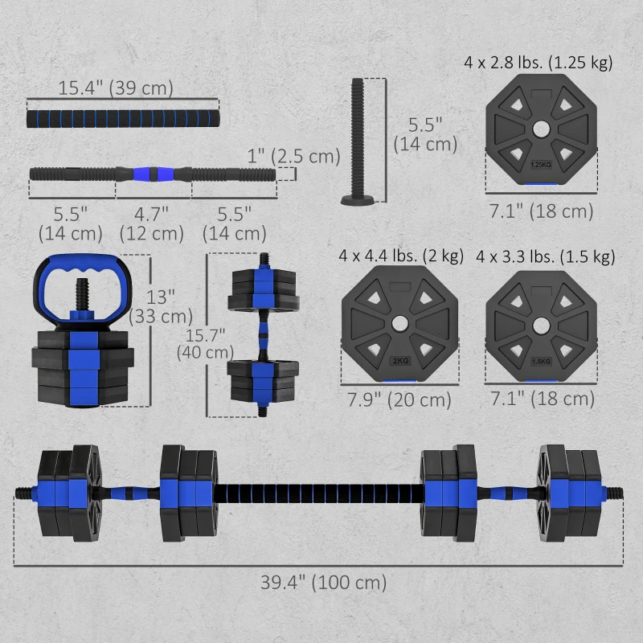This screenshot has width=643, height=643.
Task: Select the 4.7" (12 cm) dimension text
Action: [x=152, y=223]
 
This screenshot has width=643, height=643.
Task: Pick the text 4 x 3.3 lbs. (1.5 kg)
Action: [x=545, y=256]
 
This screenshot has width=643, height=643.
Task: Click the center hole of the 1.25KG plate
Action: [x=541, y=129]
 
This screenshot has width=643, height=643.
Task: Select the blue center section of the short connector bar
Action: [x=153, y=173]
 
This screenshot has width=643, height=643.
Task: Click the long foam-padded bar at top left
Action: [x=123, y=116]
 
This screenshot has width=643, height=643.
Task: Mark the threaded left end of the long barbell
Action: [x=24, y=492]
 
